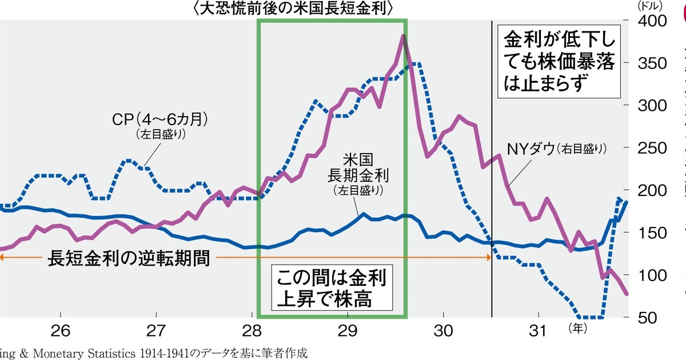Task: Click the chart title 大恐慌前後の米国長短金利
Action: pos(294,9)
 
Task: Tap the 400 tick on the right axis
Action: pos(649,21)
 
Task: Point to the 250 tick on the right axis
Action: pos(649,148)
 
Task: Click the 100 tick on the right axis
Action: pos(649,275)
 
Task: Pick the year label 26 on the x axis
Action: pos(60,331)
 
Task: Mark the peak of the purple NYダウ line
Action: pos(403,36)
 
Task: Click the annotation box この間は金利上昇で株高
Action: pos(332,289)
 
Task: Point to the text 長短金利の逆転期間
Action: pos(129,259)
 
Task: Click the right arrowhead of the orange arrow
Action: pos(489,258)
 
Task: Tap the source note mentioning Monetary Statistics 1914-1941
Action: pos(154,353)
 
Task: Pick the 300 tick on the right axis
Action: pos(649,106)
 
